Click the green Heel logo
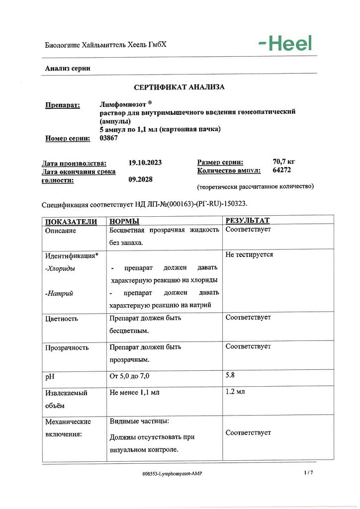(285, 44)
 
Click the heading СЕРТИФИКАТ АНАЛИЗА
(180, 87)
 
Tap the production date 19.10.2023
(145, 163)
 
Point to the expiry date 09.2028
(140, 180)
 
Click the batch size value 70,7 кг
(284, 162)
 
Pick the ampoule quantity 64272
(282, 170)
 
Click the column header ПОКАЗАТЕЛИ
(71, 221)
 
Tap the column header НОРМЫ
(124, 221)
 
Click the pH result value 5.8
(230, 376)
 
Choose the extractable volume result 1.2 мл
(235, 392)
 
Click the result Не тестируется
(249, 254)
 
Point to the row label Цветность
(62, 318)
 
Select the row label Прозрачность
(67, 347)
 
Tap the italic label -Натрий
(59, 293)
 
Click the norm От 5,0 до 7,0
(129, 376)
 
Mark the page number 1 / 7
(308, 472)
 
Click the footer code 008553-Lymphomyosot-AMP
(172, 473)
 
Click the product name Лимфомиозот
(122, 104)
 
